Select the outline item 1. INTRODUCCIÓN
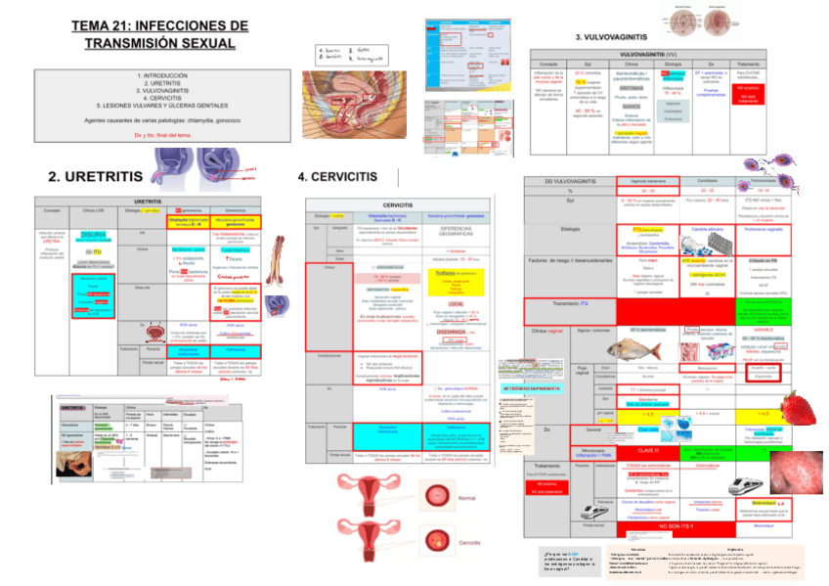point(160,75)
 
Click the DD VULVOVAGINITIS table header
point(568,182)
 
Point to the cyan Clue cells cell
point(647,429)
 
